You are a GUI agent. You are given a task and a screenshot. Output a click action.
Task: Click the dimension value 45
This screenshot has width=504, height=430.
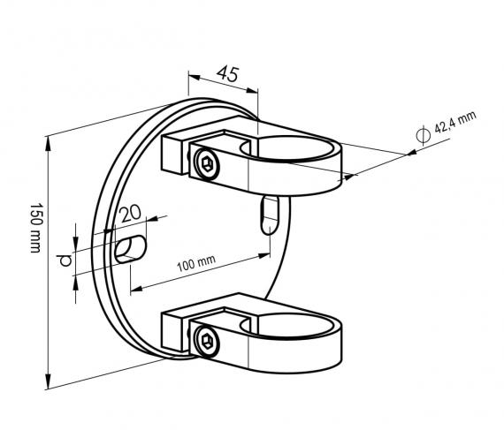tap(228, 74)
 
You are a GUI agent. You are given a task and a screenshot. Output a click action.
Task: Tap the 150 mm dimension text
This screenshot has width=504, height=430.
tap(35, 228)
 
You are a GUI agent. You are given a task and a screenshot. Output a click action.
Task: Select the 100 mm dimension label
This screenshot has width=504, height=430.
tap(196, 263)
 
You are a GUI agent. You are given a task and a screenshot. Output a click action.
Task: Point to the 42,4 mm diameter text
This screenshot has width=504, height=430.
tap(455, 122)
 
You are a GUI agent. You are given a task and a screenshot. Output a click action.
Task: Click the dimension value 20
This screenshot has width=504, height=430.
tap(130, 214)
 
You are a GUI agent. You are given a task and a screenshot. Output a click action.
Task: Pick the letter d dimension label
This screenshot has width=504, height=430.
tap(65, 260)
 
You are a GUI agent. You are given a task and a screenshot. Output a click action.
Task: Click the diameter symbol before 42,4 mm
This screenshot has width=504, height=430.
tap(423, 135)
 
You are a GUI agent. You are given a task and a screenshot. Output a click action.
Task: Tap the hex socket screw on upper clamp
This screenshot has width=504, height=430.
tap(207, 163)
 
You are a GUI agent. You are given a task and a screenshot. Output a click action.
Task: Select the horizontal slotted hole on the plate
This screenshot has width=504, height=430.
tap(131, 249)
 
